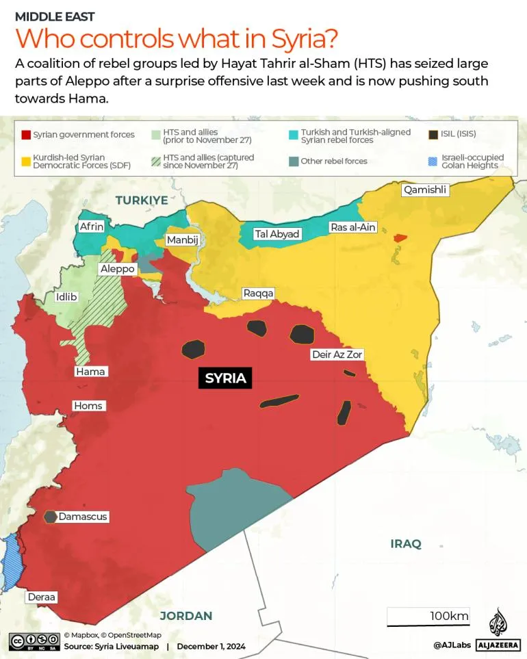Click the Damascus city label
click(x=83, y=517)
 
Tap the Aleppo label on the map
click(x=117, y=269)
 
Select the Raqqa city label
click(x=258, y=294)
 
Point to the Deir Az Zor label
click(x=337, y=354)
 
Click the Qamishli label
click(x=425, y=190)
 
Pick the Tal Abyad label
click(x=277, y=234)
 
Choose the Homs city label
click(x=88, y=406)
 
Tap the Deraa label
click(x=42, y=597)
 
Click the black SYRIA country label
click(x=225, y=378)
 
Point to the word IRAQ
click(x=406, y=544)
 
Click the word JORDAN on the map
click(x=185, y=616)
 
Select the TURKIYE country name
click(x=142, y=200)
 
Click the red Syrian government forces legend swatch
click(x=27, y=135)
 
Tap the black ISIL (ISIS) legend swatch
click(x=433, y=135)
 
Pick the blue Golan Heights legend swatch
click(x=433, y=161)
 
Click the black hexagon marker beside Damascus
click(x=51, y=517)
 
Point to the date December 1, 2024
click(x=211, y=646)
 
